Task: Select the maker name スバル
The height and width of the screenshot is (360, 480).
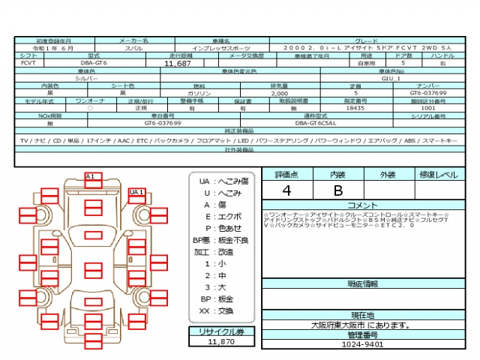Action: click(134, 46)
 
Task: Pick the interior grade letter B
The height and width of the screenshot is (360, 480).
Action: click(338, 190)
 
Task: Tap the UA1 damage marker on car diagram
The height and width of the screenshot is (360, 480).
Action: click(136, 193)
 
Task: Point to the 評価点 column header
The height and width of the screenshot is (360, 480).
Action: click(286, 174)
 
